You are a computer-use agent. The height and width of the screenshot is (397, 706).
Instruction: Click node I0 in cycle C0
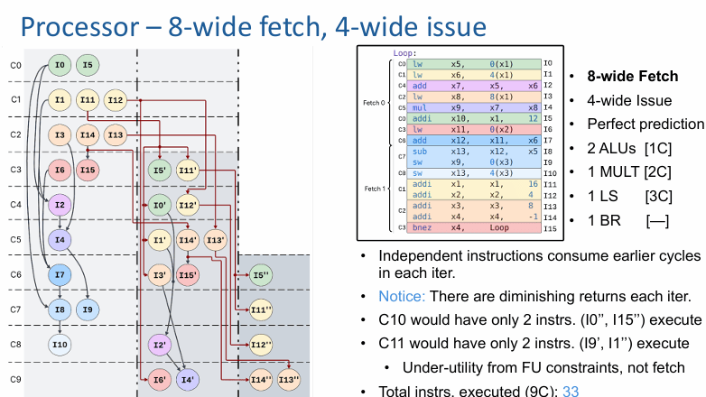pos(60,65)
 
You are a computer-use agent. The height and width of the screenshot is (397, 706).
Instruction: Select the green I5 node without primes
pos(87,65)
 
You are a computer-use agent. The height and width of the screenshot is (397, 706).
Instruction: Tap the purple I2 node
pos(60,206)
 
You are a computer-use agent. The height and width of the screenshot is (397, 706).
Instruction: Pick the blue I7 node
pos(60,274)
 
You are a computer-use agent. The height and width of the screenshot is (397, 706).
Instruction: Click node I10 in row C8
pos(60,344)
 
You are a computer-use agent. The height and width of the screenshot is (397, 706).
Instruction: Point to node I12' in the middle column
pos(187,206)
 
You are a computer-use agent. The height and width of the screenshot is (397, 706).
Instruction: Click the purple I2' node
pos(160,344)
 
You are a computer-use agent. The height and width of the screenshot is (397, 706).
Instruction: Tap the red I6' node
pos(160,379)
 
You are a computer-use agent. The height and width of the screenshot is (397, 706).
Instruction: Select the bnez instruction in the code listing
pos(422,229)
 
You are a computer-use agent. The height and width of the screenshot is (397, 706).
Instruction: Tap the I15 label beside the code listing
pos(549,229)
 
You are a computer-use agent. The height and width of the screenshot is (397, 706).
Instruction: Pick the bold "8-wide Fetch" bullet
pos(632,77)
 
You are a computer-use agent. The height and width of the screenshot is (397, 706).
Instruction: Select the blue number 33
pos(571,391)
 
